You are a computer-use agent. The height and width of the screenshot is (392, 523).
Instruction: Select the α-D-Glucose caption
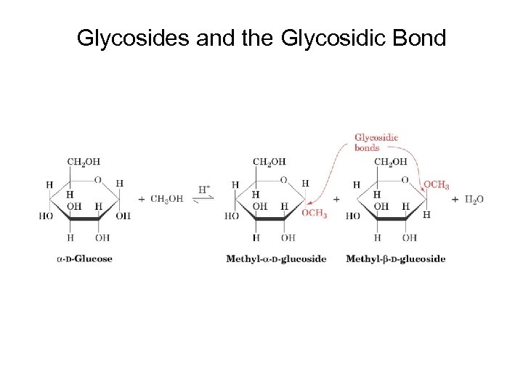pyautogui.click(x=84, y=258)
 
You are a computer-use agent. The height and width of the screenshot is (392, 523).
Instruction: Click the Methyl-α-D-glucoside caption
pyautogui.click(x=276, y=258)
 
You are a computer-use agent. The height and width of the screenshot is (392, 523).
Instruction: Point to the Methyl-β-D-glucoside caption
pyautogui.click(x=396, y=258)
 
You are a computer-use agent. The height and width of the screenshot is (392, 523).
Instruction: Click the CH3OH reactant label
pyautogui.click(x=167, y=199)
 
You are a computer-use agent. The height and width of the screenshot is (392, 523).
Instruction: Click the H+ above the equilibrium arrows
pyautogui.click(x=205, y=189)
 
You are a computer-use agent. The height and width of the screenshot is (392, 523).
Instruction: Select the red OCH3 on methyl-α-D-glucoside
pyautogui.click(x=314, y=213)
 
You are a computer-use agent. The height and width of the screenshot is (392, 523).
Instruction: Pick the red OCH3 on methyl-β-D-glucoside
pyautogui.click(x=436, y=185)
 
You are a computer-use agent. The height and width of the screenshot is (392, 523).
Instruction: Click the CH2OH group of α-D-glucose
pyautogui.click(x=84, y=161)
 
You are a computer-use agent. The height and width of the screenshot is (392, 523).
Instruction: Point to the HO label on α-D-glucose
pyautogui.click(x=46, y=216)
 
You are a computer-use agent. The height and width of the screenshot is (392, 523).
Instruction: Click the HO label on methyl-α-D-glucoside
pyautogui.click(x=232, y=216)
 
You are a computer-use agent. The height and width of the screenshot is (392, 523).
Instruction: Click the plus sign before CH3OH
pyautogui.click(x=141, y=199)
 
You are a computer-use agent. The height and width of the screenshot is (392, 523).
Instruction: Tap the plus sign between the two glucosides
pyautogui.click(x=336, y=199)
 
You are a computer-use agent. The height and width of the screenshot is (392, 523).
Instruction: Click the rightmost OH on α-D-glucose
pyautogui.click(x=123, y=216)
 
